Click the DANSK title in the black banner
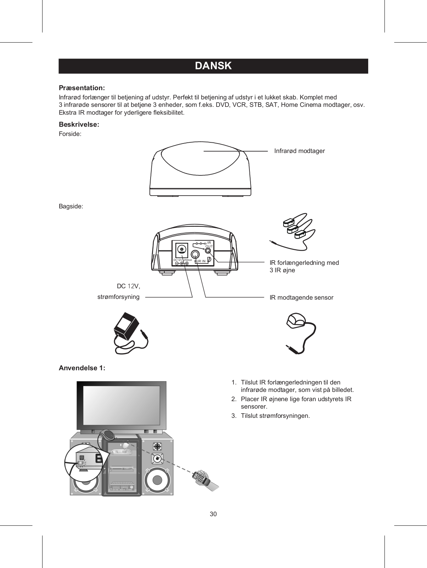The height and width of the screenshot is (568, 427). [x=213, y=66]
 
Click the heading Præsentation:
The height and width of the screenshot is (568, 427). [x=82, y=88]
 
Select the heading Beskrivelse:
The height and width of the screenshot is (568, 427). [x=79, y=125]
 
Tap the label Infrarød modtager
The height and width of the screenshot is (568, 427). [x=299, y=151]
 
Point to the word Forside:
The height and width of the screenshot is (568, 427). [x=70, y=134]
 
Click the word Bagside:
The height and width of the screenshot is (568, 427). [x=71, y=206]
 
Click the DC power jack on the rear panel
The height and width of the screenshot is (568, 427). [x=182, y=250]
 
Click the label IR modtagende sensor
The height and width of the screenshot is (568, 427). [x=301, y=297]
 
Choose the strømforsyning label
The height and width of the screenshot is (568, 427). [x=118, y=296]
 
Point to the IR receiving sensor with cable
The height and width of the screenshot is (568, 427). [x=296, y=322]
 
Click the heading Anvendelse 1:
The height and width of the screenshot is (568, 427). [x=82, y=368]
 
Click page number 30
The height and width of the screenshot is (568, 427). [x=213, y=514]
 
